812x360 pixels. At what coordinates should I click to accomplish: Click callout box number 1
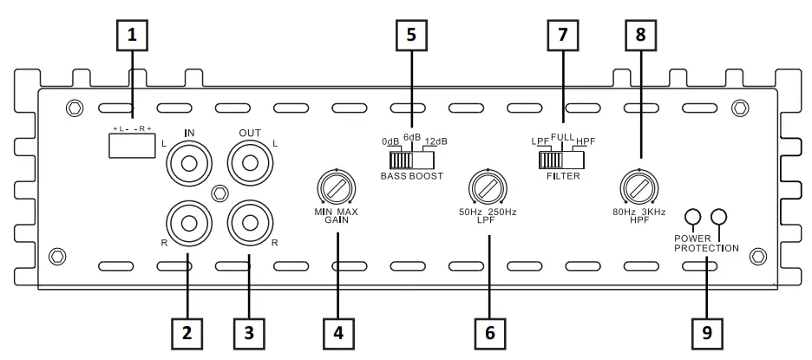pyautogui.click(x=132, y=37)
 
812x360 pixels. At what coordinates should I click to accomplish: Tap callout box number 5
pyautogui.click(x=411, y=37)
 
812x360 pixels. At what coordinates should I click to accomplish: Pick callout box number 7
pyautogui.click(x=562, y=37)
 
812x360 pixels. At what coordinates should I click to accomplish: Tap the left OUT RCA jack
pyautogui.click(x=249, y=162)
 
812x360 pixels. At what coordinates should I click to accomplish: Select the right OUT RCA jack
pyautogui.click(x=249, y=222)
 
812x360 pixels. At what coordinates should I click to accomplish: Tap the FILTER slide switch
pyautogui.click(x=561, y=160)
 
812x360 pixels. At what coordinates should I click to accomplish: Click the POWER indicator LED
pyautogui.click(x=692, y=217)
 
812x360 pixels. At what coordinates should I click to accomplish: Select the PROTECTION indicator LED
pyautogui.click(x=718, y=217)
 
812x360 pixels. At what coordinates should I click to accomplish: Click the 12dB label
pyautogui.click(x=436, y=141)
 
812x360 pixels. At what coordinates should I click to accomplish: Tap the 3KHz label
pyautogui.click(x=656, y=213)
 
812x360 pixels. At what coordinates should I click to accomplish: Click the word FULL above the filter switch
pyautogui.click(x=562, y=135)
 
